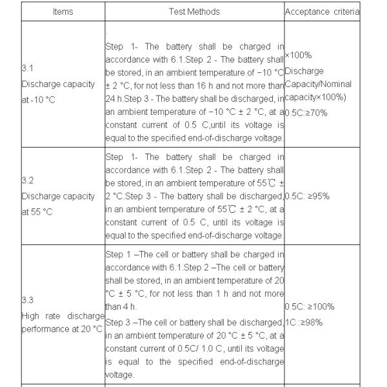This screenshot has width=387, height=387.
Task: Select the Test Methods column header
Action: pyautogui.click(x=194, y=12)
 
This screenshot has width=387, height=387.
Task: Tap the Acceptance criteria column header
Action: pyautogui.click(x=322, y=12)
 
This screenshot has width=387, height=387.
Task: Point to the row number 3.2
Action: pyautogui.click(x=27, y=181)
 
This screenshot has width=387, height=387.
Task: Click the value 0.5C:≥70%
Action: pyautogui.click(x=306, y=112)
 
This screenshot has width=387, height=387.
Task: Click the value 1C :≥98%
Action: pyautogui.click(x=303, y=322)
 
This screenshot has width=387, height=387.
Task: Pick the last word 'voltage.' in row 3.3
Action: pyautogui.click(x=120, y=375)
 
